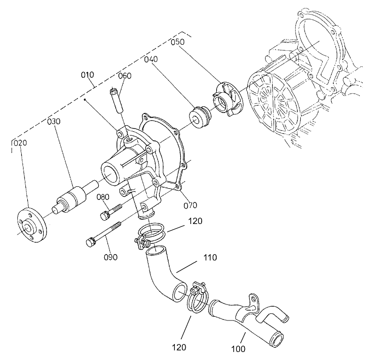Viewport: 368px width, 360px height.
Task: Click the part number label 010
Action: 87,74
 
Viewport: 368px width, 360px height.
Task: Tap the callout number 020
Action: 17,143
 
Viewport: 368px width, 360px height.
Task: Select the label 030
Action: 54,122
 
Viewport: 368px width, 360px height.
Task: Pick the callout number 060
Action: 125,76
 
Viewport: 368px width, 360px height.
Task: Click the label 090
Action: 110,257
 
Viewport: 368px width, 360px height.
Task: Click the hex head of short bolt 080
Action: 105,216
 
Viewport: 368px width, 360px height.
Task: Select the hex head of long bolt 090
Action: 90,243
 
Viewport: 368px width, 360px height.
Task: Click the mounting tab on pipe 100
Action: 254,301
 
